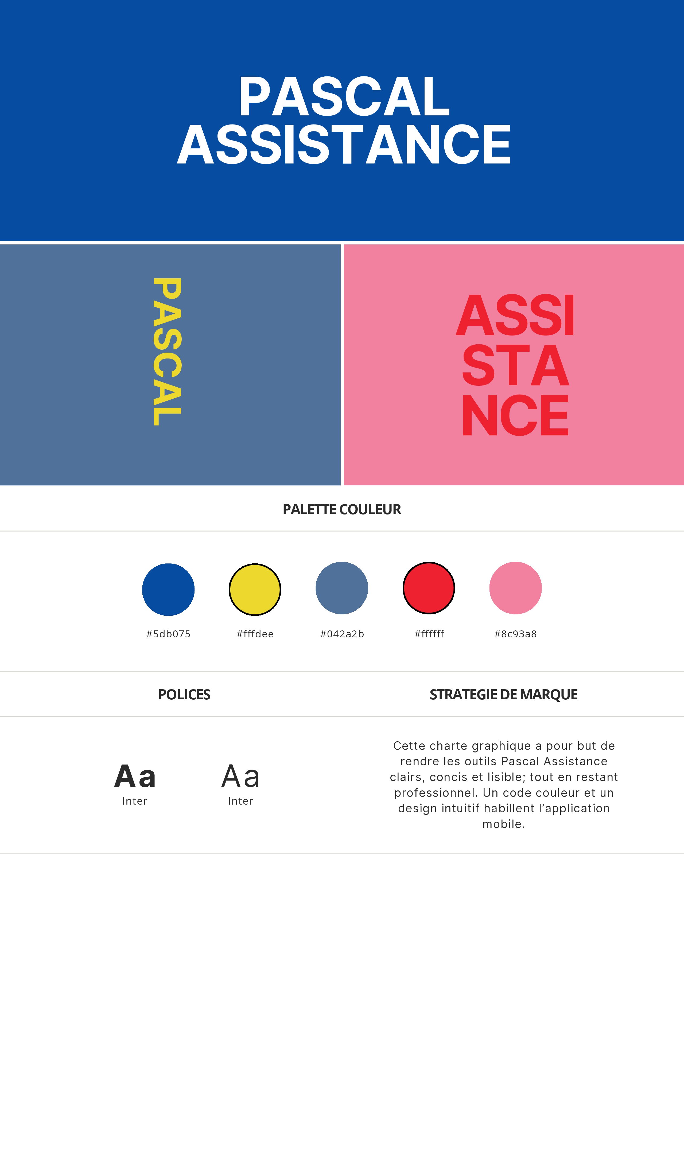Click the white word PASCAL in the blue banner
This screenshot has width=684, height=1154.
pyautogui.click(x=344, y=96)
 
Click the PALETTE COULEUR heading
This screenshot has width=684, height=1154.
pyautogui.click(x=342, y=509)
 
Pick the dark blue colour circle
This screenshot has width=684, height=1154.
pyautogui.click(x=168, y=590)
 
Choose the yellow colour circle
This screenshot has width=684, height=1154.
pyautogui.click(x=255, y=590)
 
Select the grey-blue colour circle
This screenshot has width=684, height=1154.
pyautogui.click(x=342, y=588)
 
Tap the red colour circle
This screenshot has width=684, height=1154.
pyautogui.click(x=429, y=588)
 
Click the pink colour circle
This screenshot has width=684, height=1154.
pyautogui.click(x=515, y=588)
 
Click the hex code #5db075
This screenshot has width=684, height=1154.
pyautogui.click(x=168, y=634)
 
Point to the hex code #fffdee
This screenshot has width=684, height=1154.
pyautogui.click(x=255, y=634)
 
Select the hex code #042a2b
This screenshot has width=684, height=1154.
pyautogui.click(x=342, y=634)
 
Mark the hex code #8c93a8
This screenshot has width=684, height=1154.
pyautogui.click(x=515, y=634)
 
